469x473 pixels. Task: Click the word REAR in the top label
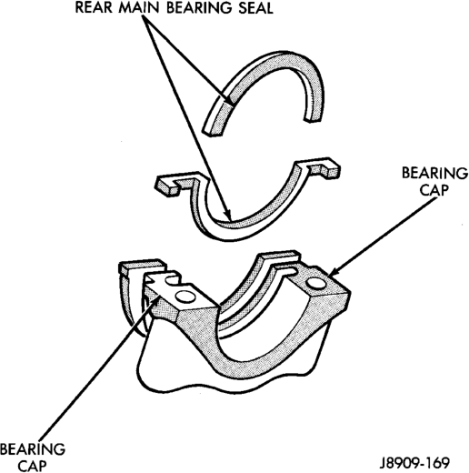[94, 7]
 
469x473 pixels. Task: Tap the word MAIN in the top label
[139, 7]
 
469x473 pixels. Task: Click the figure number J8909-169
[414, 463]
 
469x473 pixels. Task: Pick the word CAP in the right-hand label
[434, 190]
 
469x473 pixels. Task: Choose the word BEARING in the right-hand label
[435, 174]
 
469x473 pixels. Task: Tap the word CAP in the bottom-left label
[32, 466]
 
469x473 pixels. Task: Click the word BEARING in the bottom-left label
[33, 449]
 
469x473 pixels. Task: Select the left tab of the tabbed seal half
[171, 184]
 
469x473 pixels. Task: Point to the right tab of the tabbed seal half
[324, 167]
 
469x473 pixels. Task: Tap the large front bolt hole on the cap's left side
[185, 297]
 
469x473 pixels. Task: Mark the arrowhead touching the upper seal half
[229, 101]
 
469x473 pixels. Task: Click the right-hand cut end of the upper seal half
[313, 121]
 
